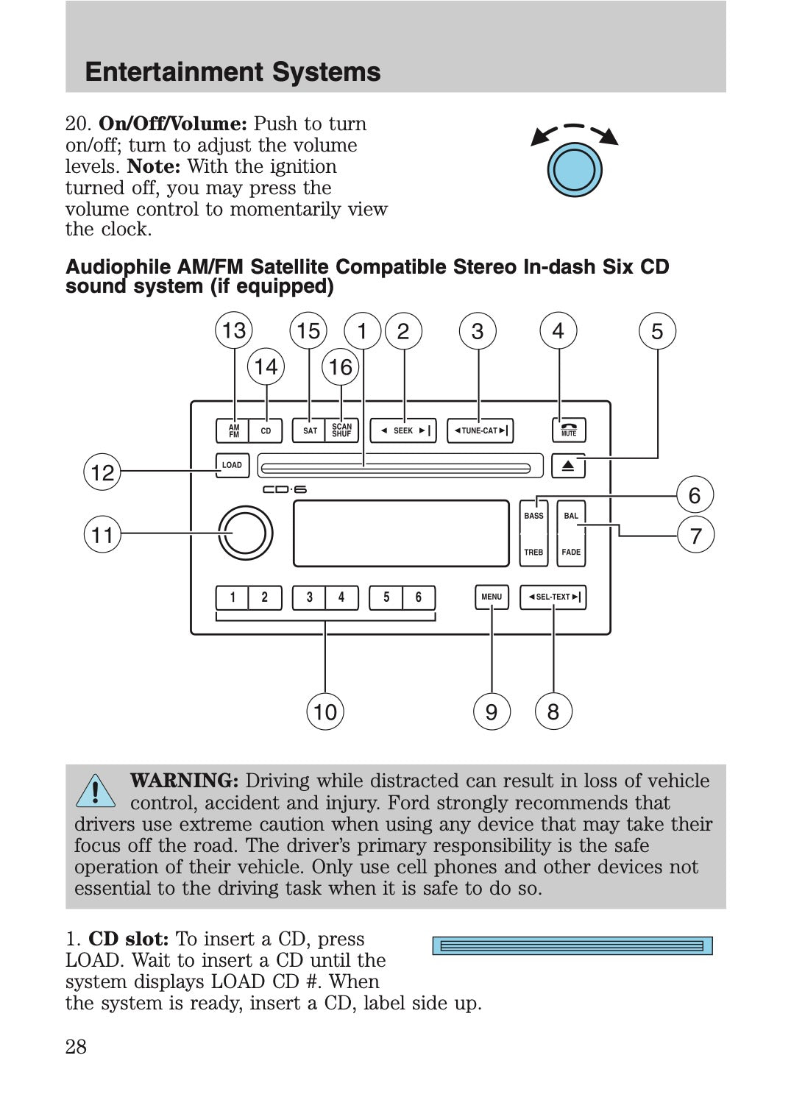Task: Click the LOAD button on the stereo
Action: tap(232, 465)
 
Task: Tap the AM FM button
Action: tap(233, 430)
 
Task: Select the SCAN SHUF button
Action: tap(341, 430)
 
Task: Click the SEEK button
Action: tap(402, 430)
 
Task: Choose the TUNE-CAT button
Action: tap(480, 430)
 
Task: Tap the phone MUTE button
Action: tap(569, 430)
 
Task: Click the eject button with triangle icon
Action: tap(569, 466)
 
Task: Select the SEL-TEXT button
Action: tap(553, 597)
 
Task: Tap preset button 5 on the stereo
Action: tap(386, 597)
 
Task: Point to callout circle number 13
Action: tap(234, 330)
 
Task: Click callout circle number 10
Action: tap(324, 711)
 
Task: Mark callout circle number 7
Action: tap(695, 535)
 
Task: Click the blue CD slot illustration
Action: tap(572, 945)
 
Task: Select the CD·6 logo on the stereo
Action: tap(284, 489)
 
